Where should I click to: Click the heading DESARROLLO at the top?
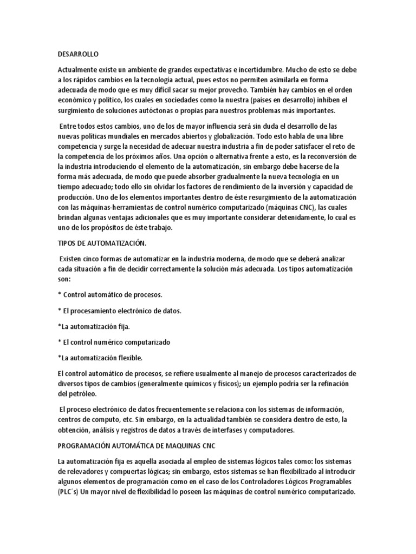click(77, 54)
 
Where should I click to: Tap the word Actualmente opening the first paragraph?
click(78, 70)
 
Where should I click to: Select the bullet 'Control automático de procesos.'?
click(113, 295)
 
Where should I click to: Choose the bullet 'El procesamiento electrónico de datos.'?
click(122, 311)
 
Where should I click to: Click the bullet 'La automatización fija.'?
click(94, 327)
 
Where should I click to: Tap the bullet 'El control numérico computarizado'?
click(116, 342)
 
